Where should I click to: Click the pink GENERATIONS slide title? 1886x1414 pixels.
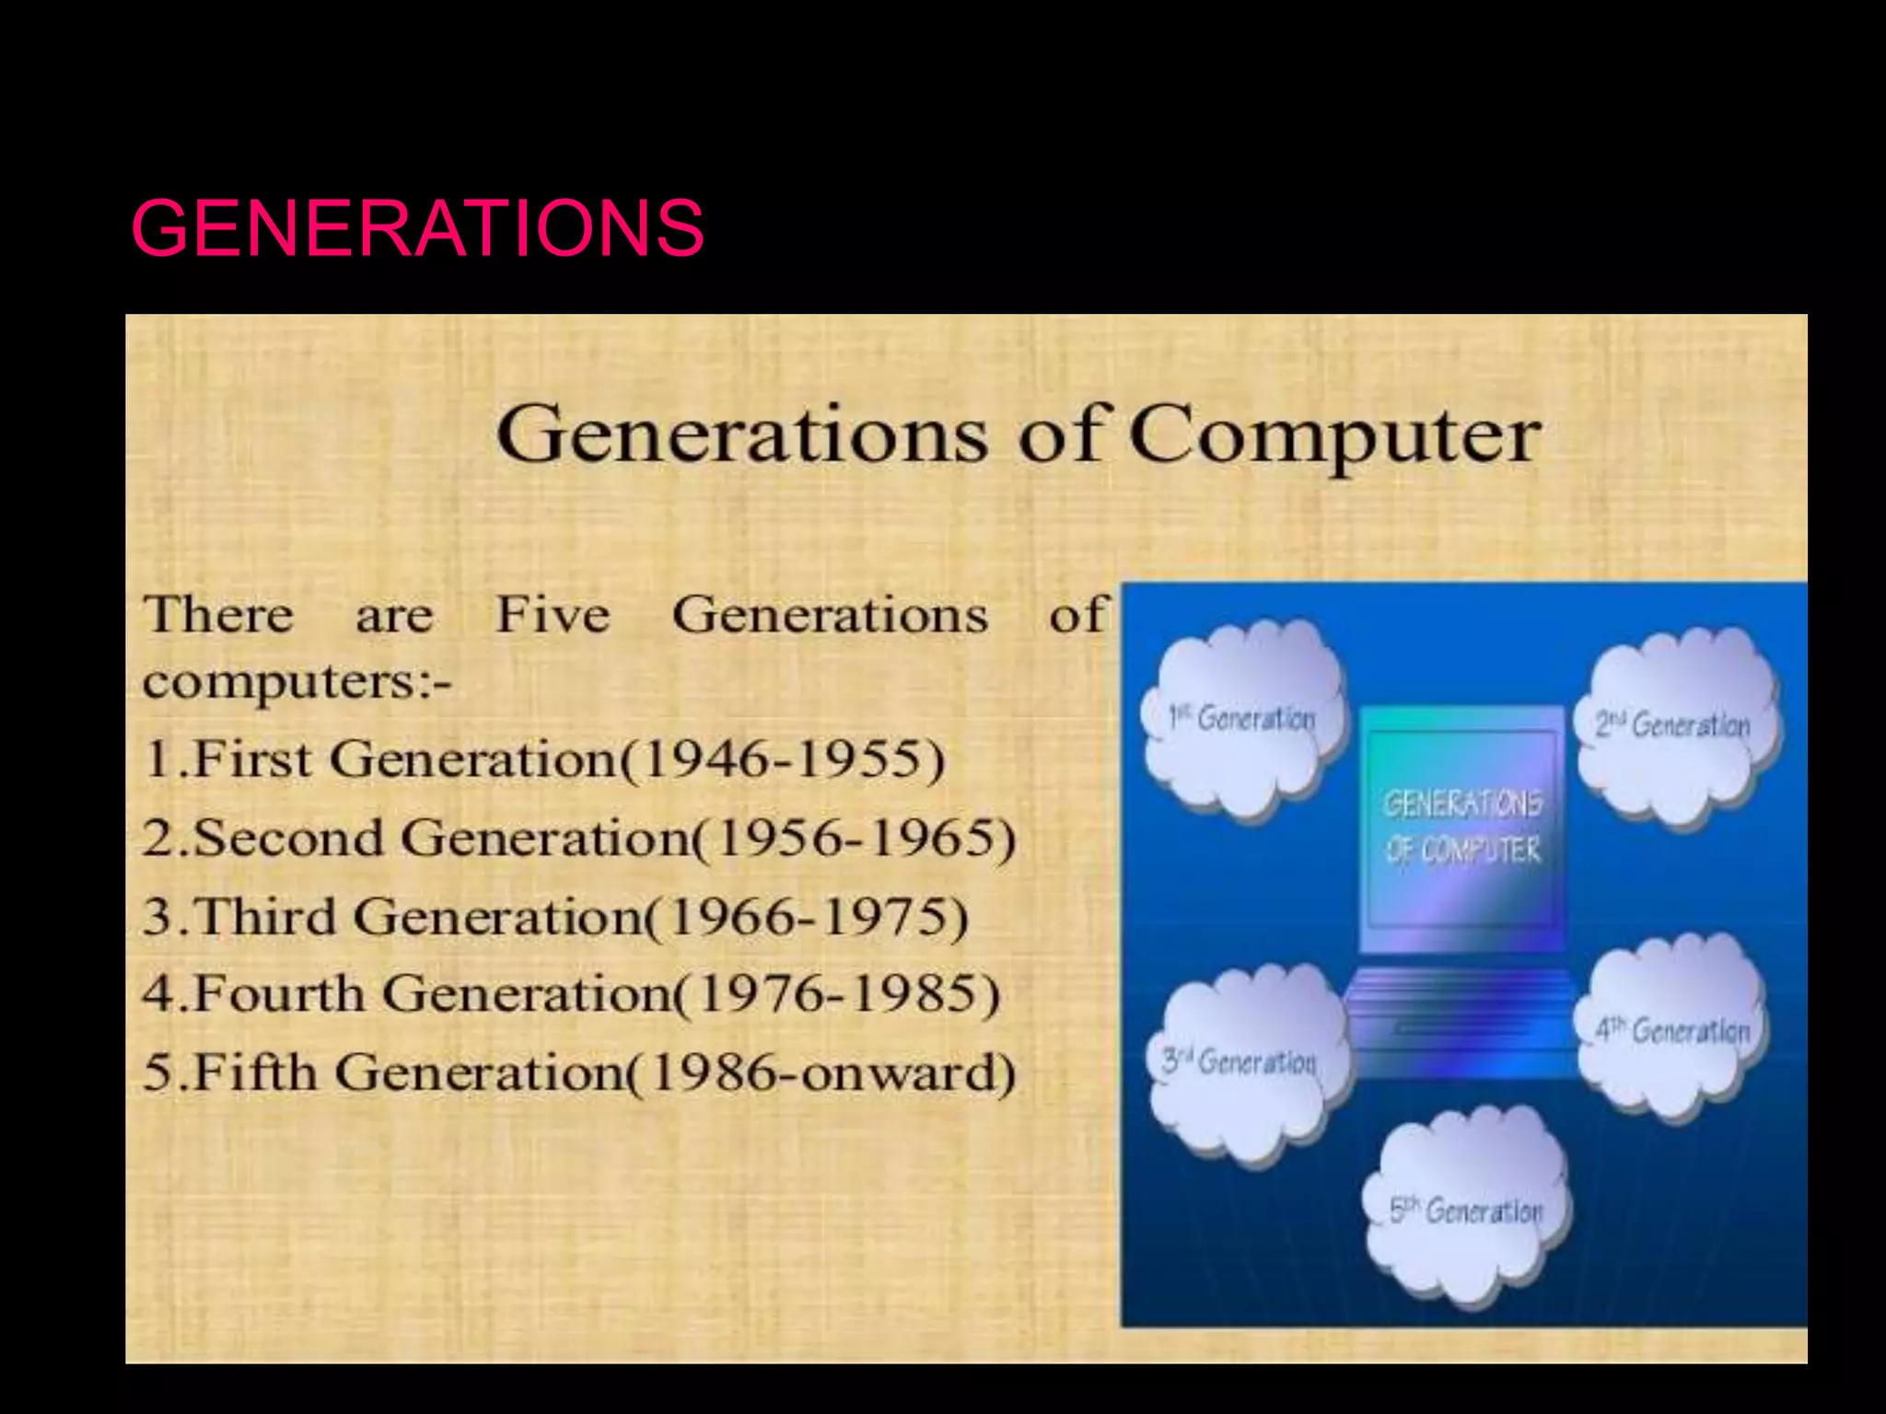point(417,227)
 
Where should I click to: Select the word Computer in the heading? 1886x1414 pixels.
point(1334,435)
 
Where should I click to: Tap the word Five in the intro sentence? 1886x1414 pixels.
point(553,614)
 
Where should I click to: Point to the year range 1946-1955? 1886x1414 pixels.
point(792,759)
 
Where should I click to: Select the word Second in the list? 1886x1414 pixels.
point(288,838)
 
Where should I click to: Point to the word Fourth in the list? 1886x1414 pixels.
point(279,994)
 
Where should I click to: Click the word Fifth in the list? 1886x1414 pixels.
point(255,1072)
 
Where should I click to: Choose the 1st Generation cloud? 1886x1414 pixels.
point(1242,718)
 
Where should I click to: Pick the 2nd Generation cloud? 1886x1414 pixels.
point(1673,725)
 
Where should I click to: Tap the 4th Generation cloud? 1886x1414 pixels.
point(1673,1030)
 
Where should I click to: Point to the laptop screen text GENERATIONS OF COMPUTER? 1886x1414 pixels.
point(1462,827)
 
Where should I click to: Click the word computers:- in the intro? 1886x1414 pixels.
point(297,683)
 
